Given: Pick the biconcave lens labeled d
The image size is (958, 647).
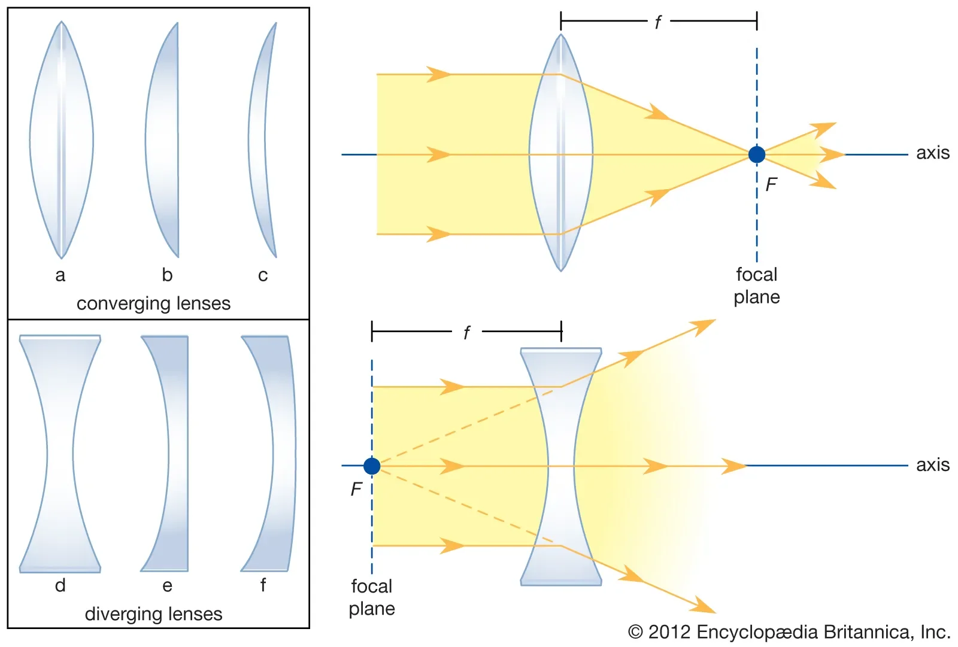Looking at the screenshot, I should pyautogui.click(x=60, y=453).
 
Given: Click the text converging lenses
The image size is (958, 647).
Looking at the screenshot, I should pyautogui.click(x=153, y=303).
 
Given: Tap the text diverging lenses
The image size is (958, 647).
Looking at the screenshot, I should pyautogui.click(x=153, y=614).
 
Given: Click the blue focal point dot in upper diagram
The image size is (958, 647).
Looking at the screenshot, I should pyautogui.click(x=757, y=154).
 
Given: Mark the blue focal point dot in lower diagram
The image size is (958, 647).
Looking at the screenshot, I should pyautogui.click(x=372, y=466).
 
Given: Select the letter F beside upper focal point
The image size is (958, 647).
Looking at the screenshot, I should pyautogui.click(x=771, y=185).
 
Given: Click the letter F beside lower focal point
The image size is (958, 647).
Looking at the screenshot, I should pyautogui.click(x=356, y=490).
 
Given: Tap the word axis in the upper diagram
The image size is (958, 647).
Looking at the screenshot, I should pyautogui.click(x=932, y=153).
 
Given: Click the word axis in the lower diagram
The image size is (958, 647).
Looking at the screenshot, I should pyautogui.click(x=932, y=465).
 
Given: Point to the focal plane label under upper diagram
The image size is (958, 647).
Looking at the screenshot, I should pyautogui.click(x=757, y=286).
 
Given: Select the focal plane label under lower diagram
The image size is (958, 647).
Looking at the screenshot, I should pyautogui.click(x=372, y=597).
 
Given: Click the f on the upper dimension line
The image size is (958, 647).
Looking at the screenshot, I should pyautogui.click(x=657, y=23).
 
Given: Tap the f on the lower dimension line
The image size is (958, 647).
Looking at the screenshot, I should pyautogui.click(x=466, y=333).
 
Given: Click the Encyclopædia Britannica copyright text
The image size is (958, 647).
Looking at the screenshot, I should pyautogui.click(x=789, y=632).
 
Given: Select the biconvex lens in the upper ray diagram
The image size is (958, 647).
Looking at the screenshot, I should pyautogui.click(x=561, y=153).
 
